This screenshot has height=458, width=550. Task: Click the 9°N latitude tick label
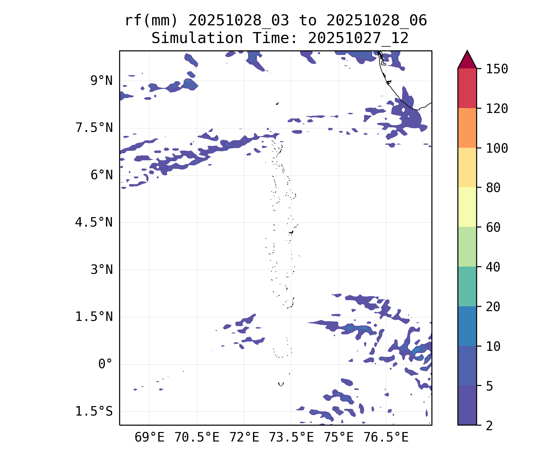(101, 81)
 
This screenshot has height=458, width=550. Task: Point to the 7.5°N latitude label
(94, 128)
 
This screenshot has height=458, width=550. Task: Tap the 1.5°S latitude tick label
(94, 412)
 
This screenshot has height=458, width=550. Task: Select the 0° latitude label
(105, 364)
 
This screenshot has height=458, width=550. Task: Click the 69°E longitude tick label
(149, 438)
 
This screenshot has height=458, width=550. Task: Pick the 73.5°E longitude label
(291, 438)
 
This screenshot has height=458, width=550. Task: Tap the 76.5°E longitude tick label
(386, 438)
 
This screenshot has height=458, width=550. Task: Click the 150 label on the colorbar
(497, 69)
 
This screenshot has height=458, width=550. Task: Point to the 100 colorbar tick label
(497, 148)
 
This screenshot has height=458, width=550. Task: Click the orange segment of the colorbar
(467, 128)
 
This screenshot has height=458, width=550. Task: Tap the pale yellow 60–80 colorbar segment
(467, 207)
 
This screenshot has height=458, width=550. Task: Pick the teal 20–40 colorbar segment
(467, 286)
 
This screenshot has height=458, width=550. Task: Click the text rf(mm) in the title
(151, 21)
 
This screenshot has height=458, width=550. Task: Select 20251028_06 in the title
(376, 21)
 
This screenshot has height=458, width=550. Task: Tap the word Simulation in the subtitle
(197, 38)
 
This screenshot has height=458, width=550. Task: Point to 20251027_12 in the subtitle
(358, 38)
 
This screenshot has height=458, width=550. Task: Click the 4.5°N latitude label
(94, 223)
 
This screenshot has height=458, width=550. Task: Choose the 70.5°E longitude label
(197, 438)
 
